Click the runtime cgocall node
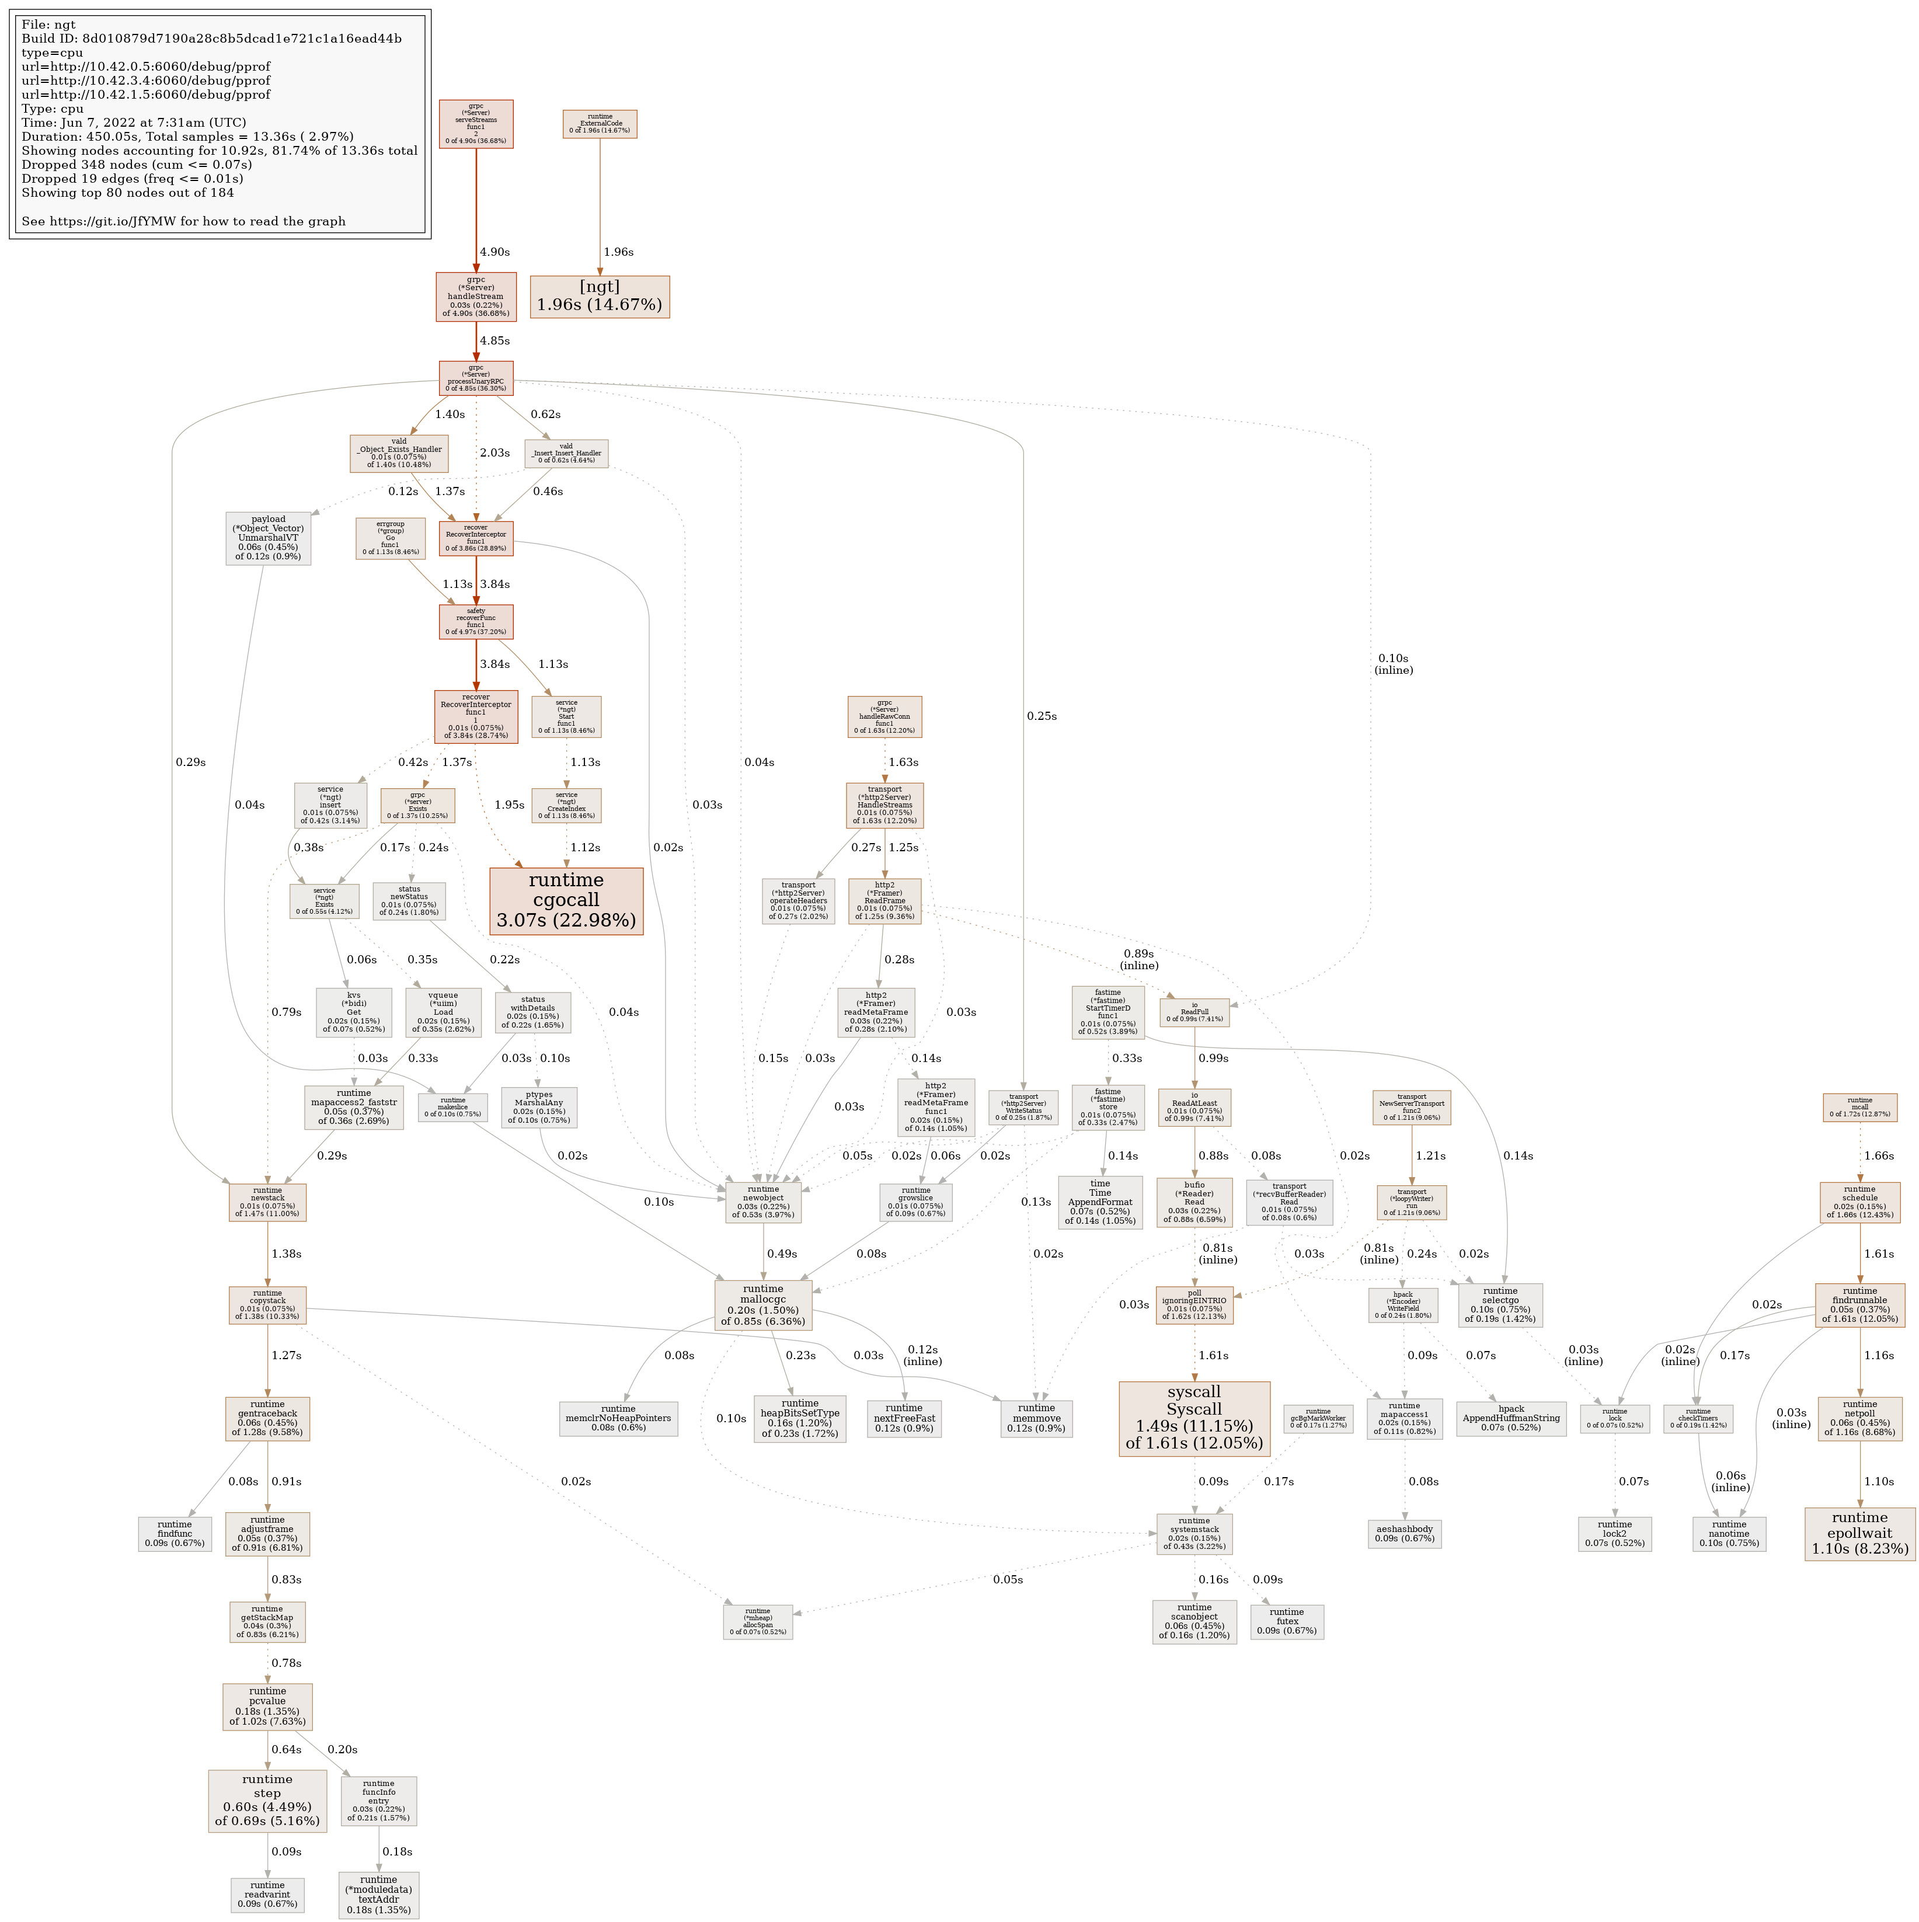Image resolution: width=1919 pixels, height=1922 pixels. (566, 900)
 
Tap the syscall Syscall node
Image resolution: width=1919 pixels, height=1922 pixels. (1194, 1418)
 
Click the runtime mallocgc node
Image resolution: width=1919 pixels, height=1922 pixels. (763, 1304)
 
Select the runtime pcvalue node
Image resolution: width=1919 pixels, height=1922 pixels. (267, 1706)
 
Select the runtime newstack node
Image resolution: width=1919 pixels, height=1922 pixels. (267, 1202)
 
